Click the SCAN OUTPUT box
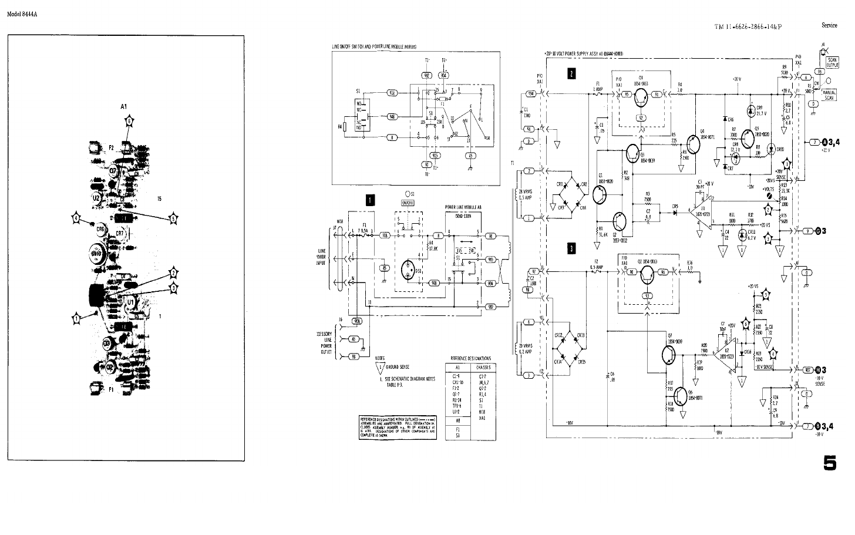833,62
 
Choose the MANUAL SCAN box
830,95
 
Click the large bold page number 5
830,462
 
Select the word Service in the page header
829,26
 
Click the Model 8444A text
22,14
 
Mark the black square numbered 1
370,200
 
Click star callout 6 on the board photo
129,121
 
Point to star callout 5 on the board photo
173,218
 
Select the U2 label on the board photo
96,199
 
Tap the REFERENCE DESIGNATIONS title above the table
470,358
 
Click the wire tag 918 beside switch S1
392,93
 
